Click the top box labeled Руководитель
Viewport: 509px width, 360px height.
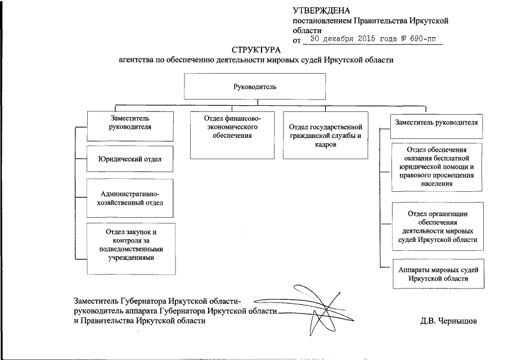point(255,87)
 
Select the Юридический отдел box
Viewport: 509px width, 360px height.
point(130,160)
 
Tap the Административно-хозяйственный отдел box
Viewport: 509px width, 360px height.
point(130,198)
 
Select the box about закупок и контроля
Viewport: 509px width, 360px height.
point(130,248)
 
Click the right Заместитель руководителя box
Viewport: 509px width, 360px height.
point(437,122)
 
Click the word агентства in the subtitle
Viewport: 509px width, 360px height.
point(136,60)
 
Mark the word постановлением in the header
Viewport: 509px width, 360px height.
point(321,21)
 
